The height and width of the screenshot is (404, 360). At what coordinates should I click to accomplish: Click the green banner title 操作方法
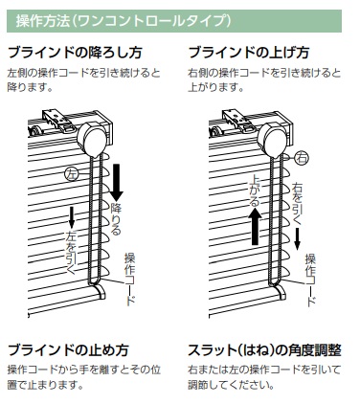43,21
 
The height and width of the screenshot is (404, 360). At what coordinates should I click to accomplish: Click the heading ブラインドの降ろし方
75,53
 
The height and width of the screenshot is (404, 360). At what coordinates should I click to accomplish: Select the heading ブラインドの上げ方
249,53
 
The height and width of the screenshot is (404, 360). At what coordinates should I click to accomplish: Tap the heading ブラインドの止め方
68,350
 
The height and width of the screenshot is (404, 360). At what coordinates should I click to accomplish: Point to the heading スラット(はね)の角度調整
264,350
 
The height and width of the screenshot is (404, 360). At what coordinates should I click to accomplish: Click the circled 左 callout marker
72,174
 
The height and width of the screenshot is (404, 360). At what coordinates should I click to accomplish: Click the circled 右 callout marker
302,158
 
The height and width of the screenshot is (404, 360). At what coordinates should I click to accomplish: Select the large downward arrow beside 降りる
117,183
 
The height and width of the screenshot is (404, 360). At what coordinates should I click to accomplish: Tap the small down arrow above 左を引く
72,218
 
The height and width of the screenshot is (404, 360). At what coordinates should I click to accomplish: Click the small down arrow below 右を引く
297,238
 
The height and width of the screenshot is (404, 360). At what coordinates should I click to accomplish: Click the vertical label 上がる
255,190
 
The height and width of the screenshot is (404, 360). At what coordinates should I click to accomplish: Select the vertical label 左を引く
71,252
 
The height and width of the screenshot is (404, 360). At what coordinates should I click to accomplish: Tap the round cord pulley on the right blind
272,140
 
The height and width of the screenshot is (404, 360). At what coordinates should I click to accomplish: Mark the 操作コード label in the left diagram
129,279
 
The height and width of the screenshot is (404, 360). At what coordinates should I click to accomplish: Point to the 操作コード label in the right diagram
310,280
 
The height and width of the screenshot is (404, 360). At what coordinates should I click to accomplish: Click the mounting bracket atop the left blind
59,121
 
